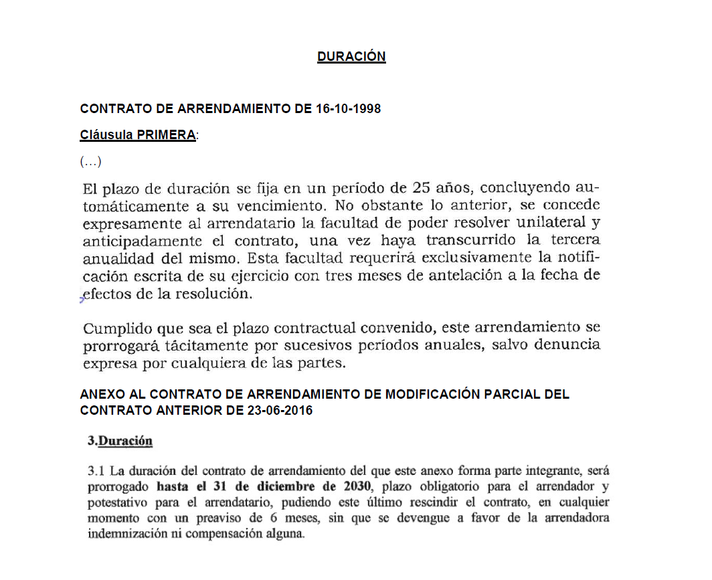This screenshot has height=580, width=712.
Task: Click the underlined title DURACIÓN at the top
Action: click(x=351, y=57)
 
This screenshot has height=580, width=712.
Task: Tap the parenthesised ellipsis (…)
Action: click(x=90, y=162)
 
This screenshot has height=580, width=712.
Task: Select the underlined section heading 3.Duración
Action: click(x=120, y=442)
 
